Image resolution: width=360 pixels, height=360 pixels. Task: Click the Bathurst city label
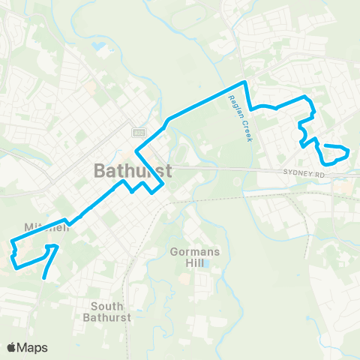133,170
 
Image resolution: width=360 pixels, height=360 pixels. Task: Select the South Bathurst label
111,311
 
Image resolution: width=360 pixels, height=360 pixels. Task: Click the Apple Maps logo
27,347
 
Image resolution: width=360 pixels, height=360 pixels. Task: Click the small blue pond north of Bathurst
100,46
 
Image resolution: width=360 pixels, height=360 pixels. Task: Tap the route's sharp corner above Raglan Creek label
244,82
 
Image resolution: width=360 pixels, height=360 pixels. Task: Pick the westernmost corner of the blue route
11,242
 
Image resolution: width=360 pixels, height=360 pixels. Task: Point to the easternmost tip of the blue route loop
349,152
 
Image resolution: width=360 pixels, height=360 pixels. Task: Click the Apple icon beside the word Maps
12,346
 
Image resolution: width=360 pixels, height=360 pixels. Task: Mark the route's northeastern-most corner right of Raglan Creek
305,97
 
